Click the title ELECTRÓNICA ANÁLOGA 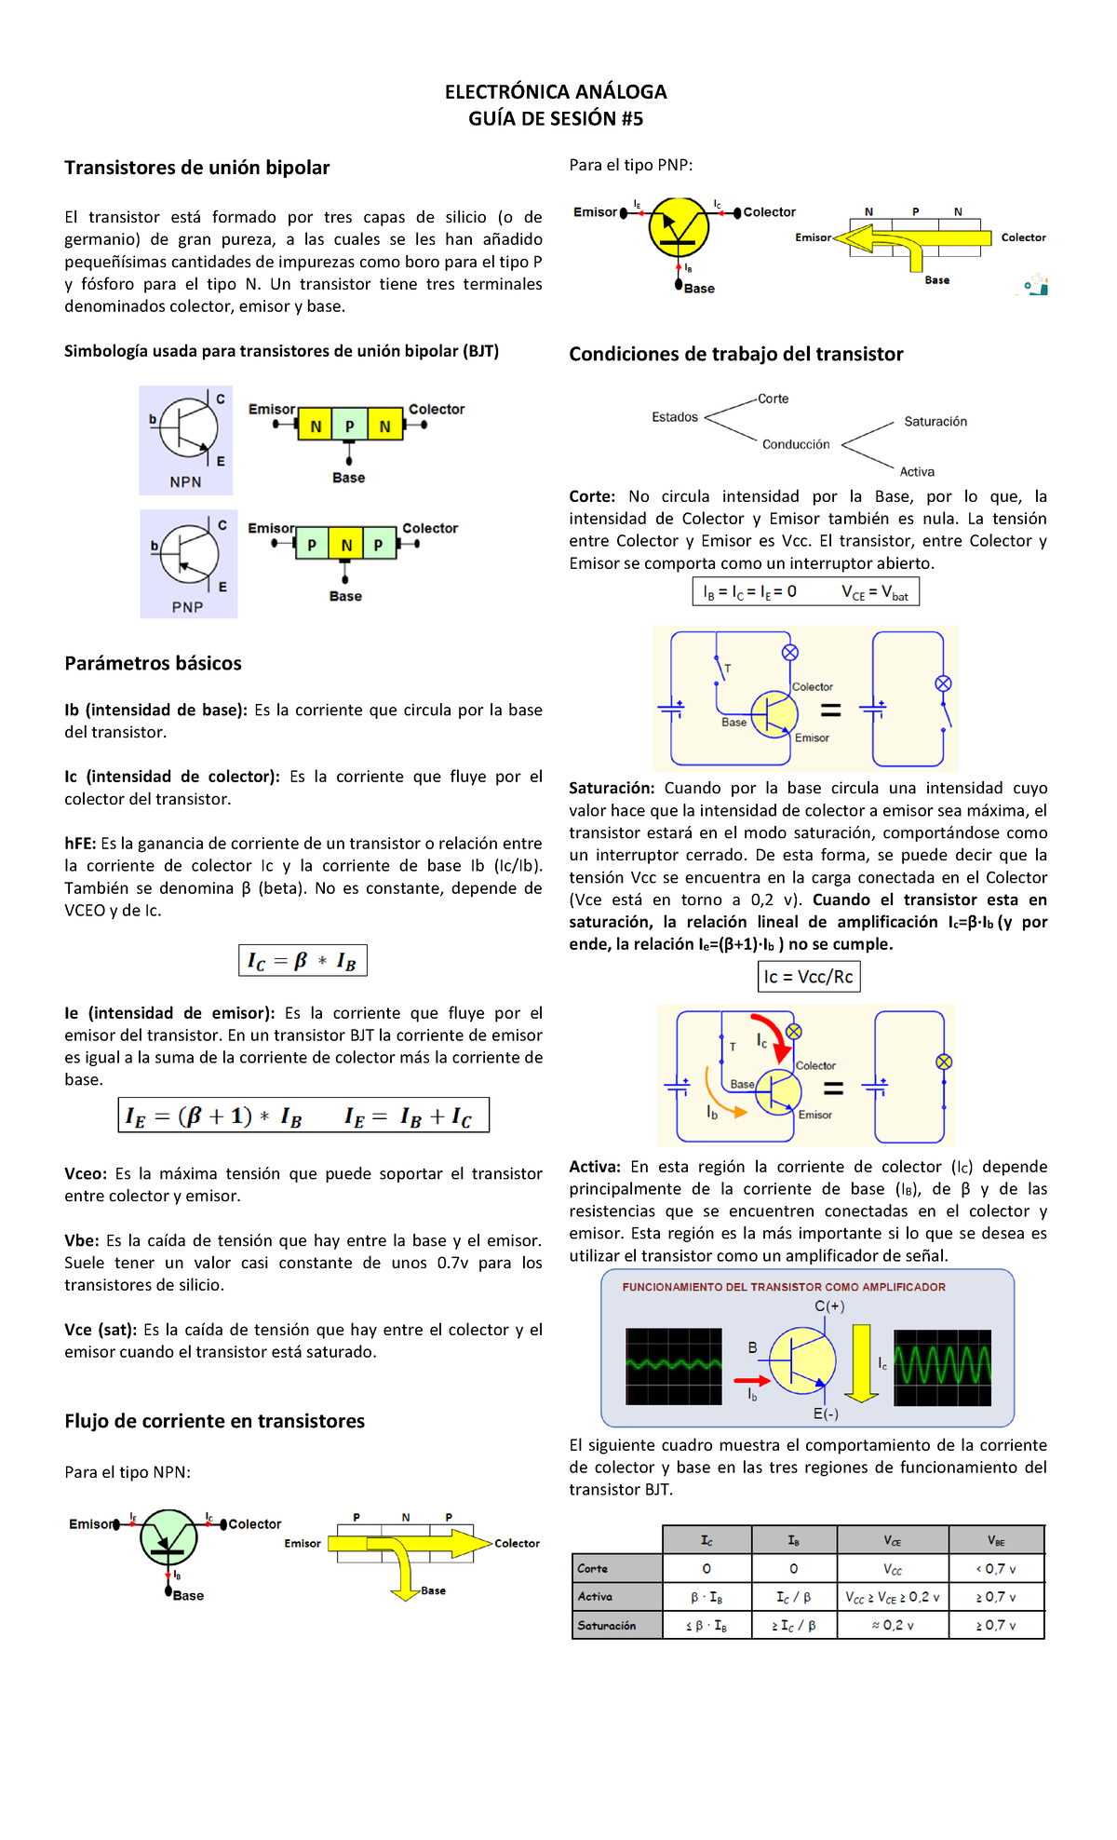pyautogui.click(x=556, y=92)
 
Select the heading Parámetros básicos pyautogui.click(x=153, y=663)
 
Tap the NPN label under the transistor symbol pyautogui.click(x=185, y=481)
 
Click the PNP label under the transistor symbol pyautogui.click(x=187, y=606)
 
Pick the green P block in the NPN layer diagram pyautogui.click(x=349, y=426)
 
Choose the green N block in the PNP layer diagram pyautogui.click(x=346, y=545)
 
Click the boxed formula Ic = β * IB pyautogui.click(x=303, y=960)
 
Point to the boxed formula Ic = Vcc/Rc pyautogui.click(x=808, y=977)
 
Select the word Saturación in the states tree pyautogui.click(x=935, y=422)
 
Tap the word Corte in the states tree pyautogui.click(x=773, y=399)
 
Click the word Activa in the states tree pyautogui.click(x=917, y=472)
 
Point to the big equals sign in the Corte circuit pyautogui.click(x=830, y=710)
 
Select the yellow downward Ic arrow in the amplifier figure pyautogui.click(x=862, y=1362)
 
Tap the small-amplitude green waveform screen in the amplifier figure pyautogui.click(x=674, y=1366)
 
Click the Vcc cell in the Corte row pyautogui.click(x=893, y=1569)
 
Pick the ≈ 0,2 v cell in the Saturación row pyautogui.click(x=893, y=1625)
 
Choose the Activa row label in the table pyautogui.click(x=596, y=1597)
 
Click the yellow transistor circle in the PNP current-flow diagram pyautogui.click(x=679, y=226)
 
